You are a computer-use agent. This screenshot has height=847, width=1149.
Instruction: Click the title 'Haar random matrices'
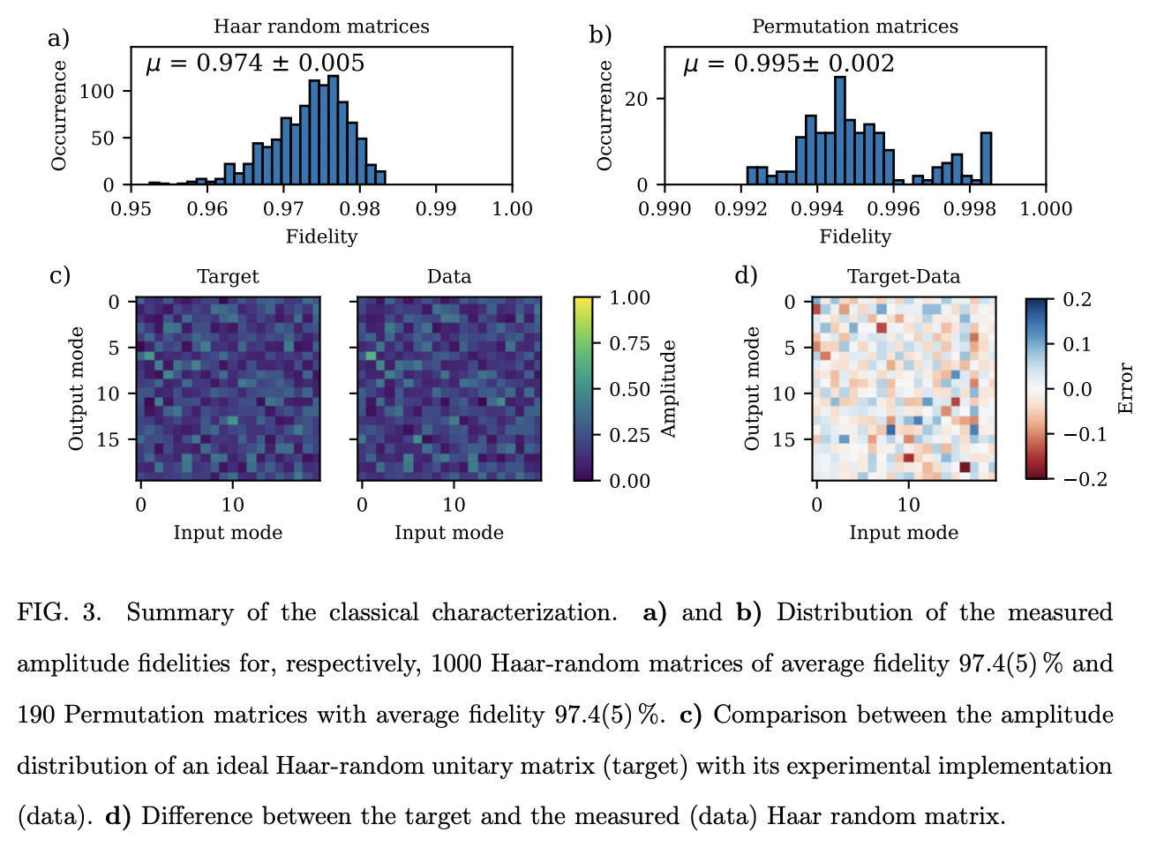tap(321, 26)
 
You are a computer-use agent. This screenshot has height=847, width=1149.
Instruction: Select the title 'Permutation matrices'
tap(854, 26)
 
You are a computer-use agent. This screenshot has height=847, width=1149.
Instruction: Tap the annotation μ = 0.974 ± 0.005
tap(255, 64)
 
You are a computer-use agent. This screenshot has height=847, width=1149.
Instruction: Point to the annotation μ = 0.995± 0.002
tap(788, 64)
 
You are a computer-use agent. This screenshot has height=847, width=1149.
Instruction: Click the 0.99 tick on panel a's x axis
tap(436, 209)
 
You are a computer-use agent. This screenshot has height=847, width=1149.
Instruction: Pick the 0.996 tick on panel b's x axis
tap(893, 209)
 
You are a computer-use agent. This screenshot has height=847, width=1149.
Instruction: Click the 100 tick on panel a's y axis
tap(97, 92)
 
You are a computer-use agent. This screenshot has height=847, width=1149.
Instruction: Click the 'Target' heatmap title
tap(228, 277)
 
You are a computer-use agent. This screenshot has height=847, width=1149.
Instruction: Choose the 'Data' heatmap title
tap(449, 277)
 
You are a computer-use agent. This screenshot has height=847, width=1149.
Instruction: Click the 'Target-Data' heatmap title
tap(904, 277)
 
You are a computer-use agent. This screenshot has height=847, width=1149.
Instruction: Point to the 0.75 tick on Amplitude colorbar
tap(630, 344)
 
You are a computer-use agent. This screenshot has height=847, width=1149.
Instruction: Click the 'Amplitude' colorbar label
tap(669, 389)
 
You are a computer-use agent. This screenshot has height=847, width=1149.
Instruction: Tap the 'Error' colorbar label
tap(1125, 389)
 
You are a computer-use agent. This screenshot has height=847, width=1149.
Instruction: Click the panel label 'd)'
tap(747, 276)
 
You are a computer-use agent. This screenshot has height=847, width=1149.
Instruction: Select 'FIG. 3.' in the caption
tap(59, 612)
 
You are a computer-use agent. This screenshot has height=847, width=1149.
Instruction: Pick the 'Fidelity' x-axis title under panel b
tap(854, 236)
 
